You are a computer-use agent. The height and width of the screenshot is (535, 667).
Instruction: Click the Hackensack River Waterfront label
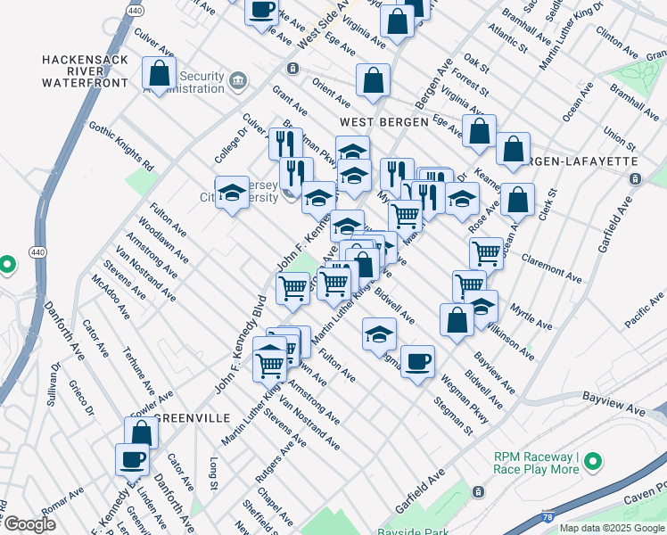[x=84, y=70]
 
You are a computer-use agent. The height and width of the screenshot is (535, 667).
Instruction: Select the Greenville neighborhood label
[x=194, y=417]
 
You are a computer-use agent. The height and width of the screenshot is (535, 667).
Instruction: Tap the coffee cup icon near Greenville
[x=131, y=460]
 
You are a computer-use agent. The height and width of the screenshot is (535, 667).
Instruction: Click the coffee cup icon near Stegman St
[x=416, y=362]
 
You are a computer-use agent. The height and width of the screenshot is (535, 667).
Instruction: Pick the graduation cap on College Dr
[x=232, y=193]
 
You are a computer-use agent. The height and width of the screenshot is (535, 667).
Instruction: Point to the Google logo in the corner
[x=29, y=525]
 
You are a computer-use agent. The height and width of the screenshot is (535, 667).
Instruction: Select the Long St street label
[x=214, y=473]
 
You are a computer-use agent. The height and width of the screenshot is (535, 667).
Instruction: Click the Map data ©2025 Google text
[x=612, y=528]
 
